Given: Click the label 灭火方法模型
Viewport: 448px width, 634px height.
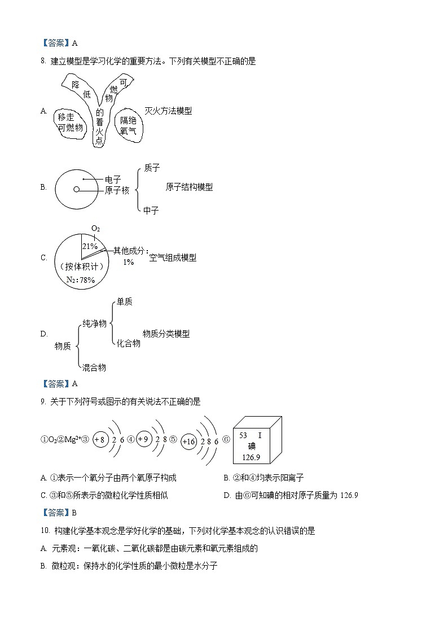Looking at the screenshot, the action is (x=168, y=111).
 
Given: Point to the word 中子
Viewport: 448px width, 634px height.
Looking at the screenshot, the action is (x=151, y=211).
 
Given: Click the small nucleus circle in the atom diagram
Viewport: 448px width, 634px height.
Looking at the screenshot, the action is (x=77, y=190).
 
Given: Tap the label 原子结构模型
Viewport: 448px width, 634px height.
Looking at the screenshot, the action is (x=190, y=187).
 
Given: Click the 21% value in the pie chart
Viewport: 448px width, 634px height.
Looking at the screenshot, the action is (x=90, y=246).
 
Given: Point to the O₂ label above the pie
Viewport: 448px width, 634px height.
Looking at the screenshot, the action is (x=95, y=229).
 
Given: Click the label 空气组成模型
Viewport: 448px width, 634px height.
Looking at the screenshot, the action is (x=173, y=257).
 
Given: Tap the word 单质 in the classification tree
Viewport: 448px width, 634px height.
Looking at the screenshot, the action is (x=125, y=302).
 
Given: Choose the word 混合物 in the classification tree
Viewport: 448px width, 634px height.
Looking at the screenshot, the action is (x=94, y=368).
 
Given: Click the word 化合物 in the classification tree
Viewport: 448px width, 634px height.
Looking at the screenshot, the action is (x=129, y=343).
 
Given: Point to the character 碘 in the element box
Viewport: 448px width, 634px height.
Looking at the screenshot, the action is (x=251, y=446).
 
